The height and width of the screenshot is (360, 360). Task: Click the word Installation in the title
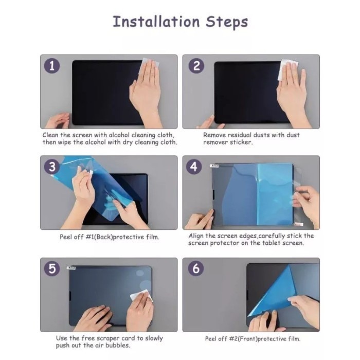pyautogui.click(x=156, y=22)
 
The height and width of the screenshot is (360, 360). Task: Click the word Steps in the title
pyautogui.click(x=227, y=23)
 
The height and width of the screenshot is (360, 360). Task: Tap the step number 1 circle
pyautogui.click(x=52, y=66)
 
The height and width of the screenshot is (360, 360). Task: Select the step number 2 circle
pyautogui.click(x=196, y=66)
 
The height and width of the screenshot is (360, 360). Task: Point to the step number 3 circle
pyautogui.click(x=52, y=167)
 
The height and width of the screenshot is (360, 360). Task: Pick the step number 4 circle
pyautogui.click(x=194, y=167)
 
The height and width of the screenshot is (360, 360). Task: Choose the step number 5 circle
pyautogui.click(x=52, y=268)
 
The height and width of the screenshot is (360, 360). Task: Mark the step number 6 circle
pyautogui.click(x=196, y=268)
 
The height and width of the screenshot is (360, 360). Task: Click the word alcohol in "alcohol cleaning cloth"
pyautogui.click(x=119, y=135)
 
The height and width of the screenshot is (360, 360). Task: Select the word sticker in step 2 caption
pyautogui.click(x=241, y=142)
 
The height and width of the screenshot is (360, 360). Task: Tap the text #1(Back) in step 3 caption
pyautogui.click(x=99, y=237)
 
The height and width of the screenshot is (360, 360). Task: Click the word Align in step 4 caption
pyautogui.click(x=196, y=236)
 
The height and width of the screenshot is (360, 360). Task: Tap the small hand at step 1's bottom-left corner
pyautogui.click(x=58, y=120)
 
